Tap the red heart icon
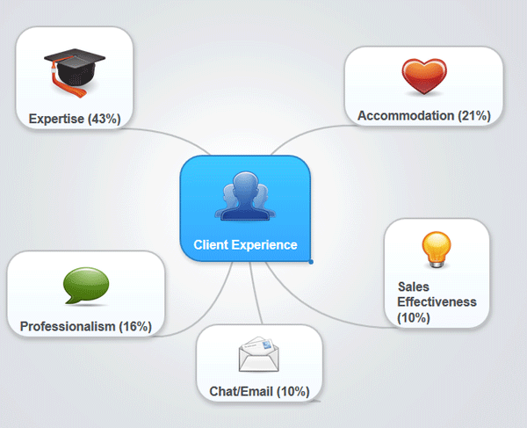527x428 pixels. coord(424,77)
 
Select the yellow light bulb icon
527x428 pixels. coord(436,250)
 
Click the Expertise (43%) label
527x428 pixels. coord(74,118)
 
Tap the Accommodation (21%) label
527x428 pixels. coord(423,115)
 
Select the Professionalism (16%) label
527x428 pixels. coord(85,326)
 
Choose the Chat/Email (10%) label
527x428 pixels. coord(259,391)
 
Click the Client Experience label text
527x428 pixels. coord(245,245)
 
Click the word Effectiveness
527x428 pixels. coord(437,301)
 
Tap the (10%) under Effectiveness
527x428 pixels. coord(414,317)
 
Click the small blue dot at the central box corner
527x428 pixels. coord(311,261)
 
